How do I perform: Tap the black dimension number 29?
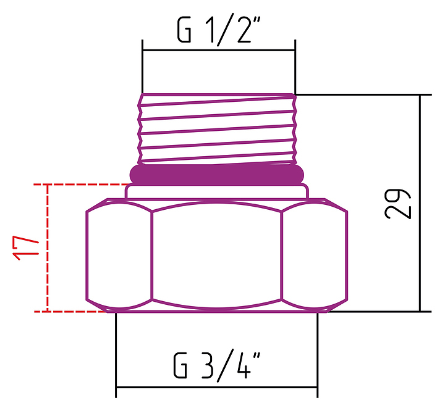tap(397, 204)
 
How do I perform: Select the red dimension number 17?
tap(25, 247)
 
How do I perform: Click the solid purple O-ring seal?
tap(216, 174)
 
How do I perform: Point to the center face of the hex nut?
tap(217, 255)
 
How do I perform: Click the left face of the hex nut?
tap(119, 254)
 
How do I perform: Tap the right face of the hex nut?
tap(315, 254)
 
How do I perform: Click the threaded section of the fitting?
tap(217, 129)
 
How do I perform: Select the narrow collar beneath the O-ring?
tap(217, 191)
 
